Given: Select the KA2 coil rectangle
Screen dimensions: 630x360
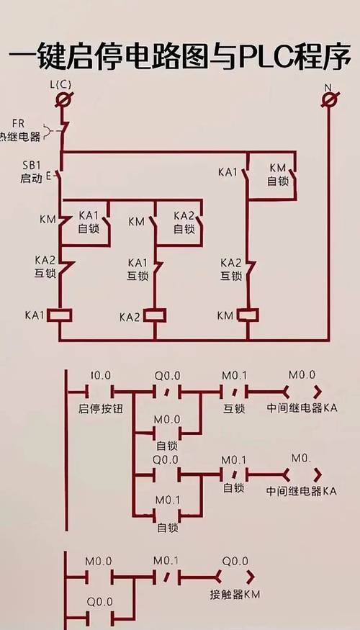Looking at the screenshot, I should pos(154,315).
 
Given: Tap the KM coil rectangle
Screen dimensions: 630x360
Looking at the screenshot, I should pos(248,315).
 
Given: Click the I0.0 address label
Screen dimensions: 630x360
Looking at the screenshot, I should pos(101,375).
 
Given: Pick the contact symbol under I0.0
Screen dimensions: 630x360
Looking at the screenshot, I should pos(100,392).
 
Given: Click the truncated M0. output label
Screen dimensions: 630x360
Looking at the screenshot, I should pos(302,457).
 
